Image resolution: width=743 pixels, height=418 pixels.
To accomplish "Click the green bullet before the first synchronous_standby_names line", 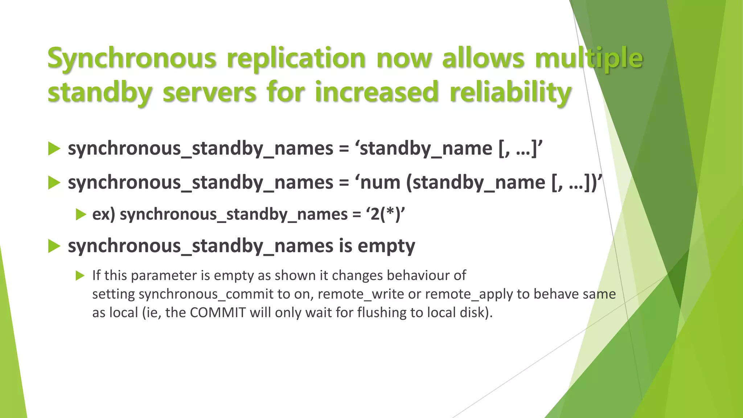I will [x=54, y=149].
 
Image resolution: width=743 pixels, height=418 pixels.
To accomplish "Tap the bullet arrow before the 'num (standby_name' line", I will [x=54, y=183].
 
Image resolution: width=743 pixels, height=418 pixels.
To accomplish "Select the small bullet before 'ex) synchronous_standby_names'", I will [x=81, y=214].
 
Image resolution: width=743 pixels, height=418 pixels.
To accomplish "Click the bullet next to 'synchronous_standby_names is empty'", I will [x=54, y=246].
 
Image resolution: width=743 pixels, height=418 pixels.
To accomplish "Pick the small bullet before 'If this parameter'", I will [x=80, y=276].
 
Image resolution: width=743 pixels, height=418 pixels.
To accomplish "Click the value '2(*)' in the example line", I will [x=387, y=214].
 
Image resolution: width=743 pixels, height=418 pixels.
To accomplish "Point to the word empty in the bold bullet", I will [x=386, y=246].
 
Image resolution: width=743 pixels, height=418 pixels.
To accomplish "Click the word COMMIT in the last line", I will [x=218, y=312].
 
